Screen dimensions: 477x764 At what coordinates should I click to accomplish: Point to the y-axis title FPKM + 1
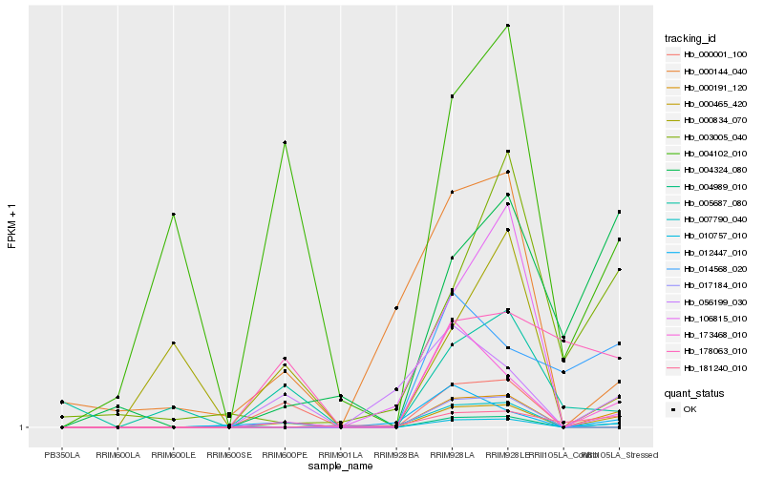click(11, 226)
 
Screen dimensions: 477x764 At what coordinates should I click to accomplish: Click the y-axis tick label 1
click(23, 427)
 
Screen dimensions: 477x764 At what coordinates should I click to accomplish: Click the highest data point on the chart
click(508, 26)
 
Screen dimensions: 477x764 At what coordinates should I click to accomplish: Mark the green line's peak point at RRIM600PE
click(285, 142)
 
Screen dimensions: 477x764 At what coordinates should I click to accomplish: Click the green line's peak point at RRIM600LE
click(174, 214)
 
